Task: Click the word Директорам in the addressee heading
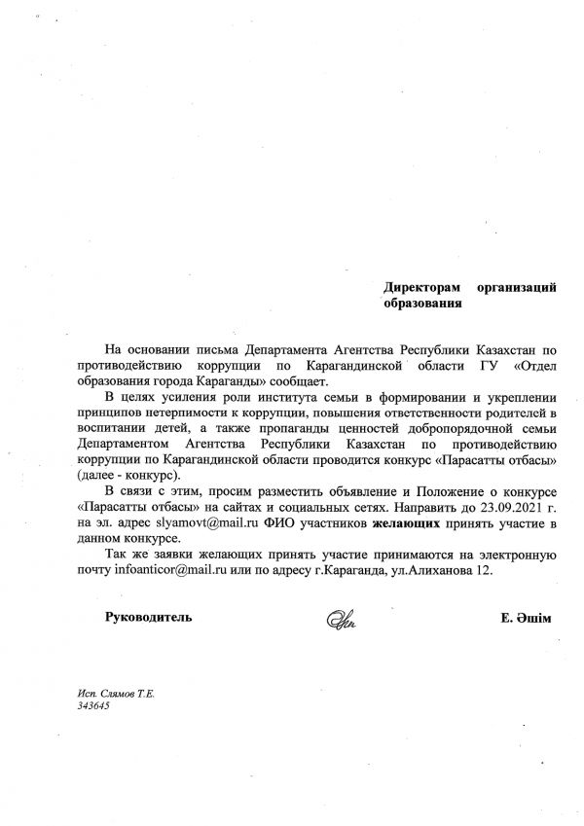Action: [420, 288]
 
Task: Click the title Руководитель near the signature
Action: [149, 617]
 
